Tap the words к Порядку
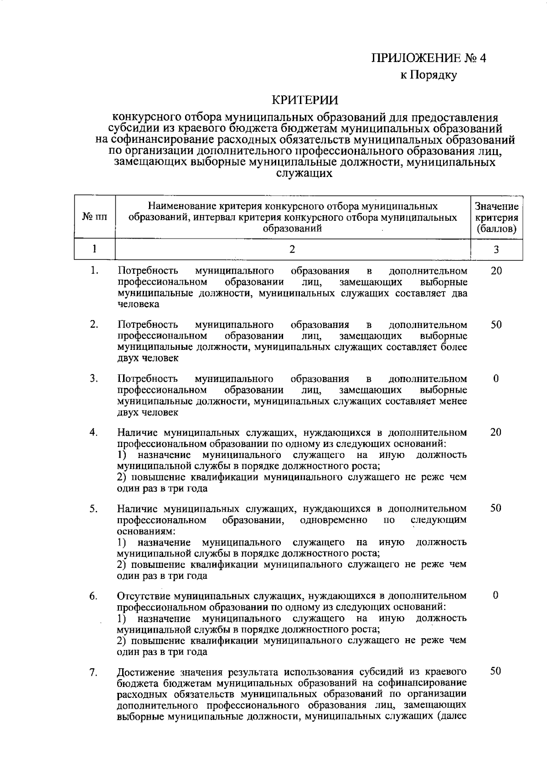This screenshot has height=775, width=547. click(428, 75)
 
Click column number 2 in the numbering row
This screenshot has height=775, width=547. click(292, 249)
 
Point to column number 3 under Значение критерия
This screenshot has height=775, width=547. click(496, 249)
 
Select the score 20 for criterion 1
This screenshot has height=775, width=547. click(496, 271)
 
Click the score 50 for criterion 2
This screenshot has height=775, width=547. click(496, 325)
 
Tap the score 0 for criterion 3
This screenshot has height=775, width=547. click(495, 379)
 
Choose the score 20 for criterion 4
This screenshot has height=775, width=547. click(496, 432)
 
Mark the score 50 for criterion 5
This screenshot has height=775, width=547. click(496, 508)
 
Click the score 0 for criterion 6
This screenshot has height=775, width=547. click(495, 595)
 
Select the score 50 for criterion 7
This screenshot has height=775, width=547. click(496, 671)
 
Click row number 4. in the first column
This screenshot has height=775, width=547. click(94, 432)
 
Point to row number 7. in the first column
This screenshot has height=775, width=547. click(94, 672)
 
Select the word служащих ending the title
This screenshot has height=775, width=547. click(305, 173)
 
